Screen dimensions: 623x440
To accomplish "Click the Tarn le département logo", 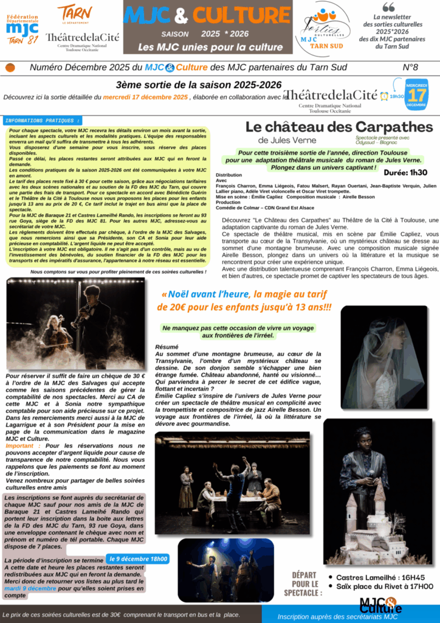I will [75, 13].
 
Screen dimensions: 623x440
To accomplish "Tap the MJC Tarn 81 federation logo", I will [22, 29].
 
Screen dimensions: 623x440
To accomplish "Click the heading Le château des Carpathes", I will [339, 127].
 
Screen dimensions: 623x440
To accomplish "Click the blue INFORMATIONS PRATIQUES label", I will [42, 120].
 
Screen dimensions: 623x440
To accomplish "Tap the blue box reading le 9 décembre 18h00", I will [139, 559].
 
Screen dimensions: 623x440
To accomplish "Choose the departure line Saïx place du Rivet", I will [385, 586].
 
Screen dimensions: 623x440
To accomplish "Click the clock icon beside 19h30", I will [384, 96].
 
